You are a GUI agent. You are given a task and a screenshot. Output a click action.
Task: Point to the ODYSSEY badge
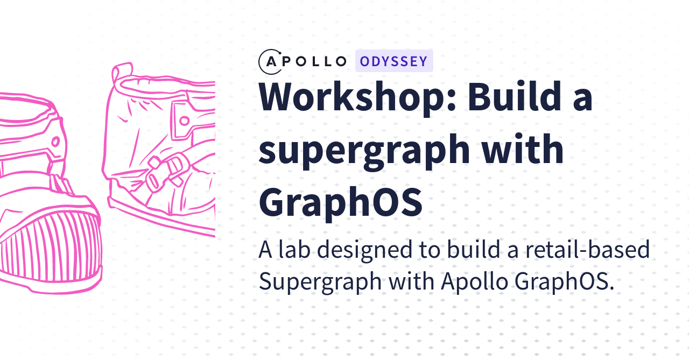pos(394,61)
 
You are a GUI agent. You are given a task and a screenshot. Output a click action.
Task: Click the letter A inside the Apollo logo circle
pos(271,62)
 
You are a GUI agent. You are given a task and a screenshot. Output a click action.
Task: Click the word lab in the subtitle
pos(294,249)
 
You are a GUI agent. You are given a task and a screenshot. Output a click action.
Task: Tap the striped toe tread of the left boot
pos(49,246)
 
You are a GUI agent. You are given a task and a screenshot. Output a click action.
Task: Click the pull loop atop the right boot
pos(122,74)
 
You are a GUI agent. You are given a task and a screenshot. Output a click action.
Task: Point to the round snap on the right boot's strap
pos(184,121)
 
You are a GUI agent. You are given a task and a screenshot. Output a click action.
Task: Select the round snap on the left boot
pos(55,142)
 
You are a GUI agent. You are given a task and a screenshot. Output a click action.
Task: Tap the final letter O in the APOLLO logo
pos(341,61)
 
